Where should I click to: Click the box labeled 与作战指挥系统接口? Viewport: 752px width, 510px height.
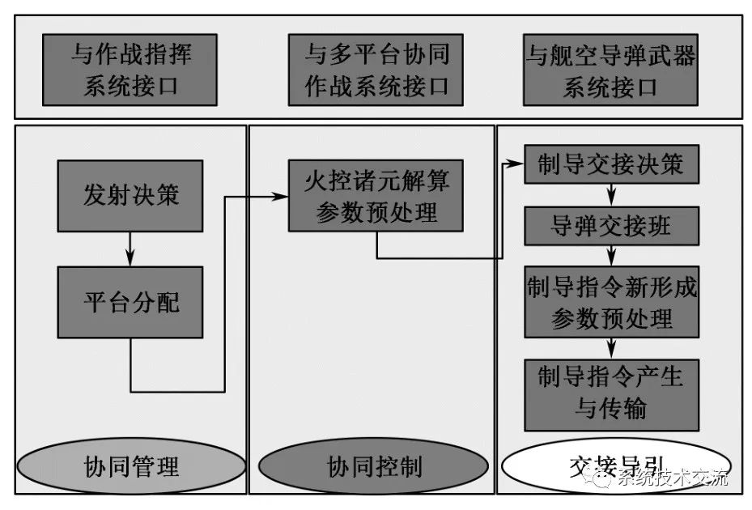(130, 70)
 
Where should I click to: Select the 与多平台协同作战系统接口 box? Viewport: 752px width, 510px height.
(376, 70)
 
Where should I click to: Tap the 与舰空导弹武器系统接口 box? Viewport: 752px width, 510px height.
(611, 70)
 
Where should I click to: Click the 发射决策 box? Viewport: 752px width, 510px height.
(130, 195)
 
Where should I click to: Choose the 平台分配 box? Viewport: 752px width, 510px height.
(130, 302)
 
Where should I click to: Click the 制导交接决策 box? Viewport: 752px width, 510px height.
(611, 165)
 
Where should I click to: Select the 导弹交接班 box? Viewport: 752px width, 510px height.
(611, 227)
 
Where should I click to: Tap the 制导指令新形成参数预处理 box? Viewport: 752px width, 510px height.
(611, 302)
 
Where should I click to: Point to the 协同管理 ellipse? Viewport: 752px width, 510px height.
(131, 466)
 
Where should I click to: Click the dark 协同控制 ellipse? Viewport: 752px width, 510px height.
(373, 466)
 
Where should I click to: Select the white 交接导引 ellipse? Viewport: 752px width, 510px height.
(611, 466)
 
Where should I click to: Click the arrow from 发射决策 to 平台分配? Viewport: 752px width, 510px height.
(130, 250)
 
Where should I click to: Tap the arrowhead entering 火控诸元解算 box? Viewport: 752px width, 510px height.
(281, 197)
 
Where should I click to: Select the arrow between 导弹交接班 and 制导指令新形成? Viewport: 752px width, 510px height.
(611, 256)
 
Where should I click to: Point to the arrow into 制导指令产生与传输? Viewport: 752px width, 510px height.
(611, 349)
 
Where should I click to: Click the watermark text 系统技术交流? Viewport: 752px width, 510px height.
(673, 478)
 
